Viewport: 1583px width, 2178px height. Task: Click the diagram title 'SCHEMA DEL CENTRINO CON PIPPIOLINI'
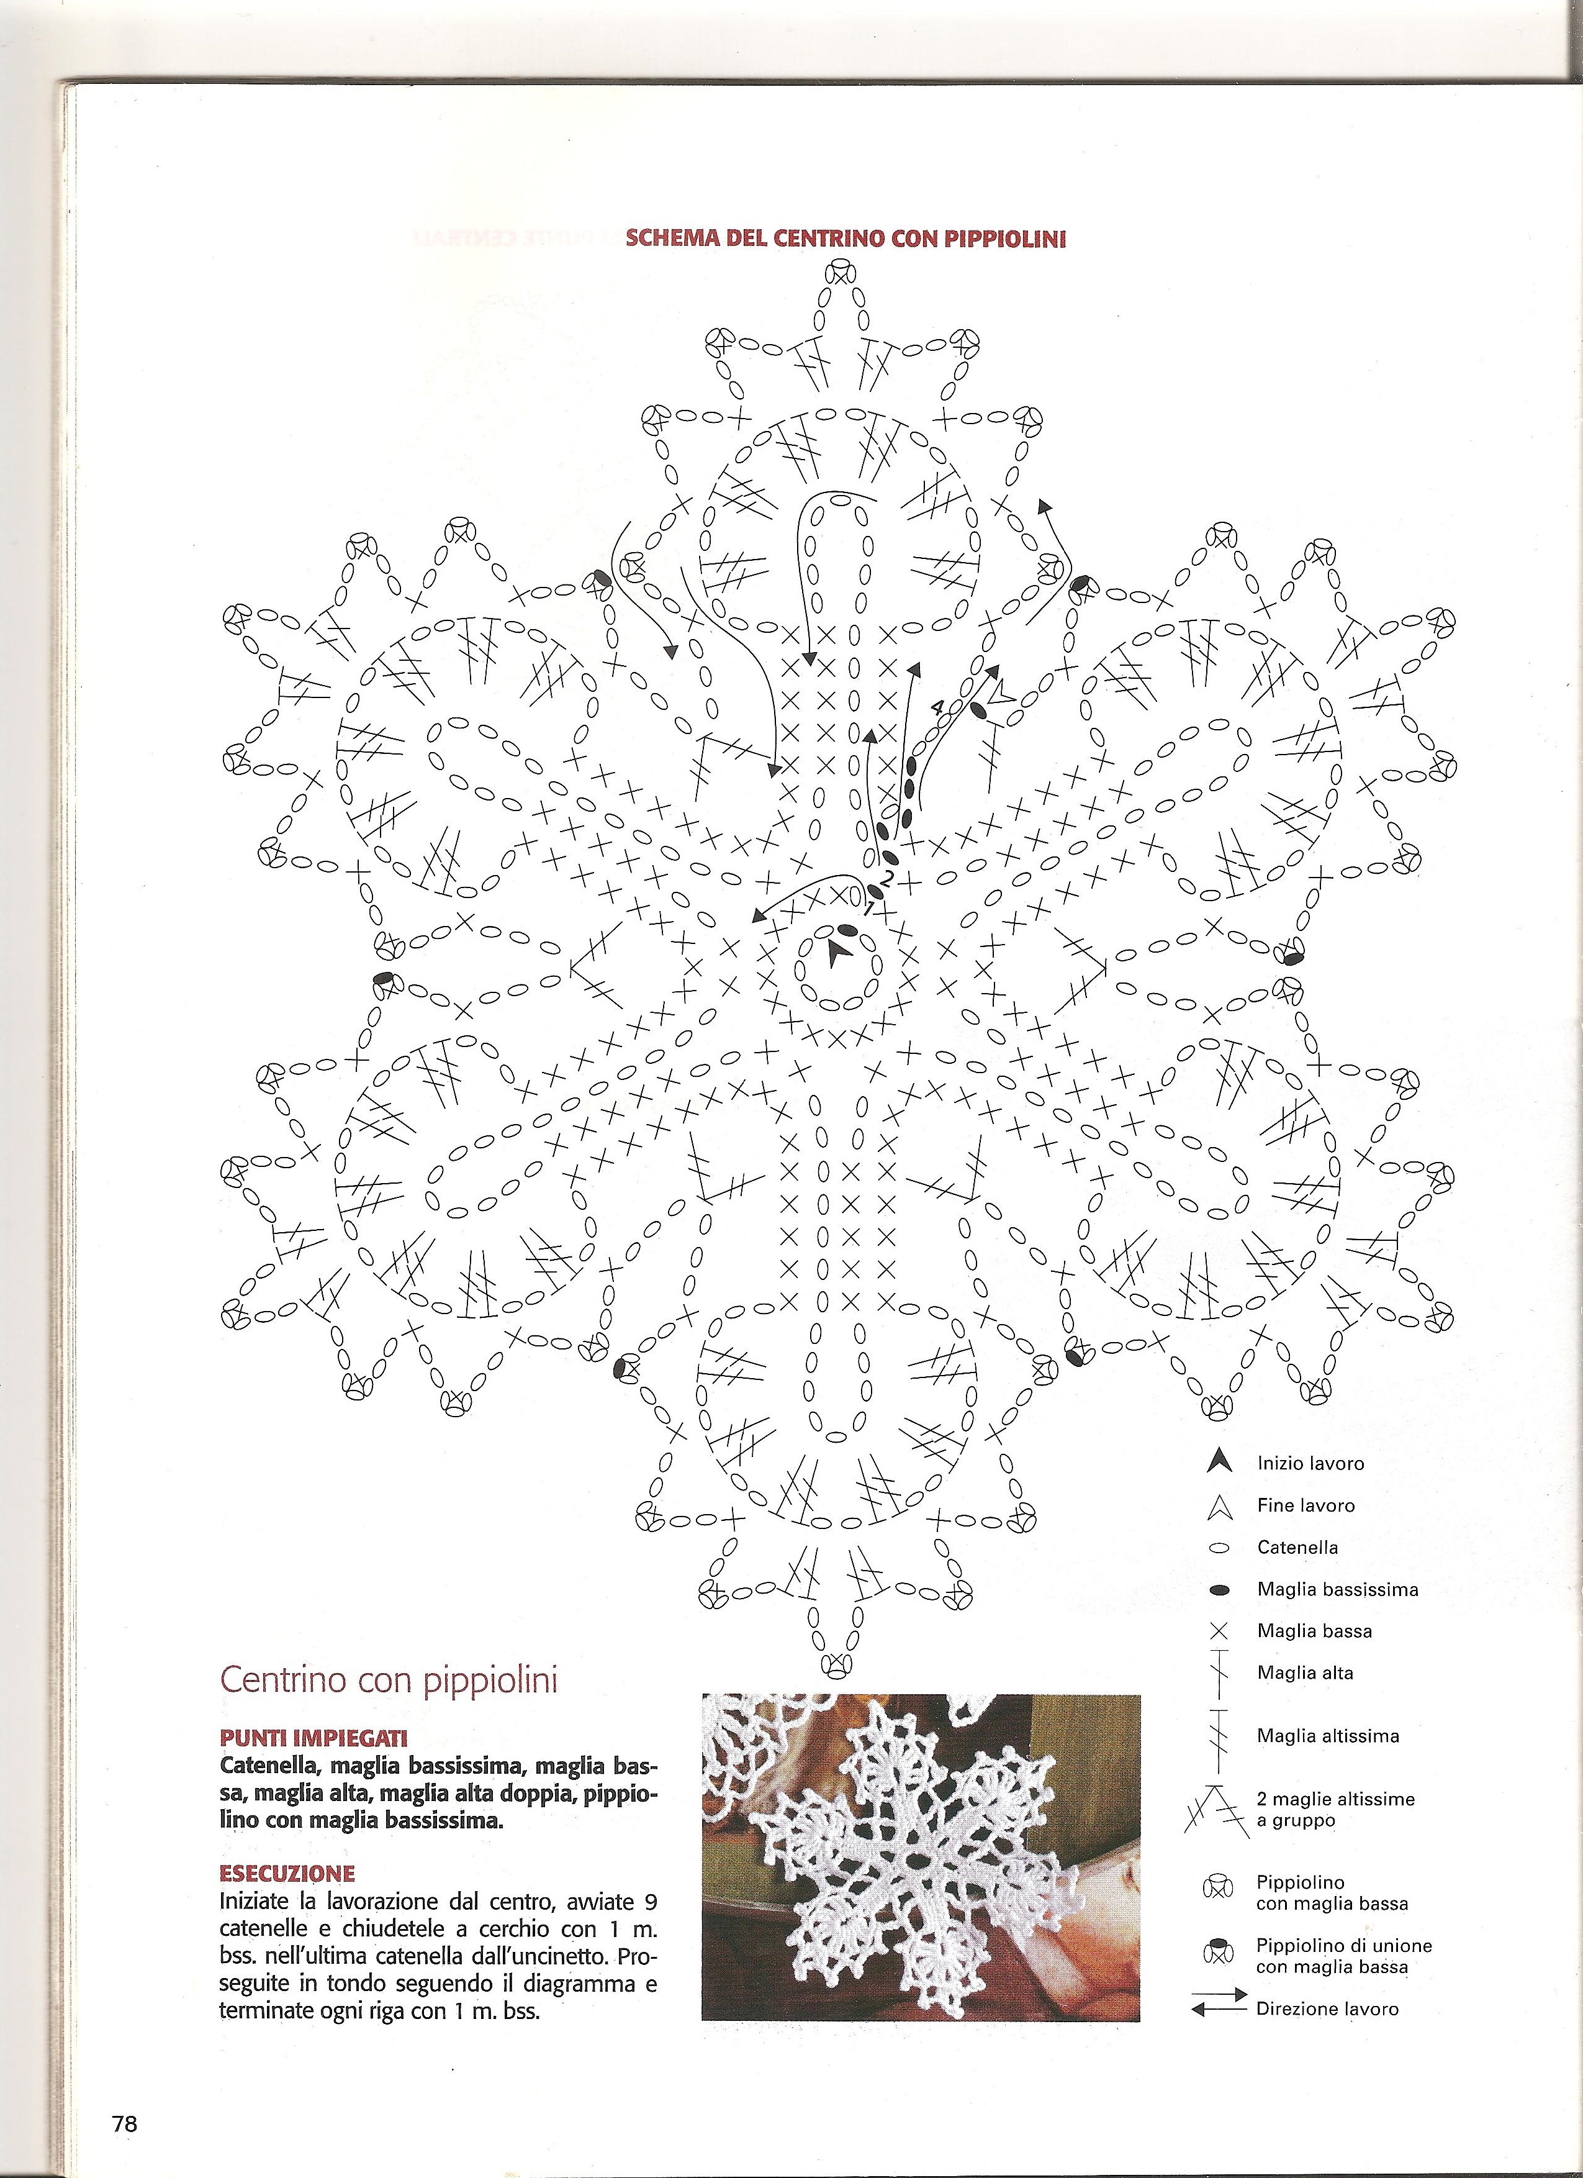pyautogui.click(x=846, y=239)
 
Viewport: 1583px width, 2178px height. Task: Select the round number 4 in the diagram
pyautogui.click(x=938, y=707)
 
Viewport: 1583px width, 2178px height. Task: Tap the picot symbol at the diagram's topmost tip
pyautogui.click(x=842, y=274)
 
